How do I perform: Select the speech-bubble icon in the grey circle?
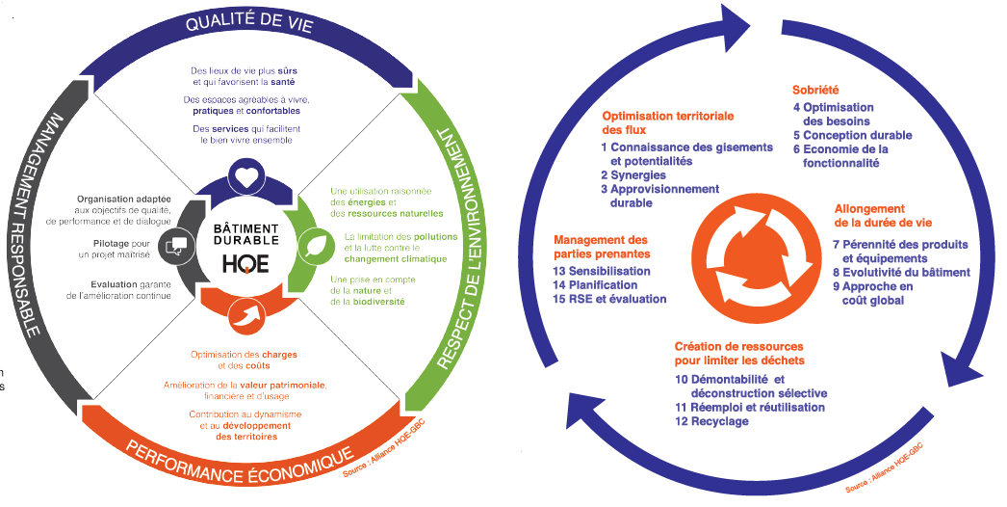(176, 246)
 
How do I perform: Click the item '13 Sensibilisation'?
(602, 271)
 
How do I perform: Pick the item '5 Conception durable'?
(852, 136)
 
